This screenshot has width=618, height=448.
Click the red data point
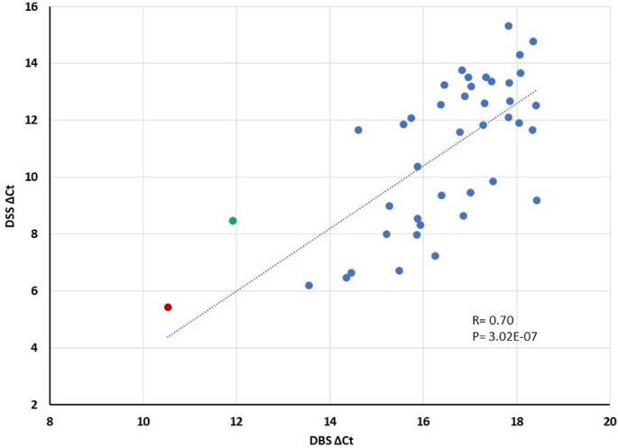pyautogui.click(x=168, y=307)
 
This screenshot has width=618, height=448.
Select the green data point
pyautogui.click(x=233, y=221)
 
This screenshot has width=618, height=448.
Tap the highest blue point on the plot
pyautogui.click(x=509, y=26)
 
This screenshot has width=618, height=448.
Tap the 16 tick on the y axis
pyautogui.click(x=31, y=7)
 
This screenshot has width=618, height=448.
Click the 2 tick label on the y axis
pyautogui.click(x=34, y=405)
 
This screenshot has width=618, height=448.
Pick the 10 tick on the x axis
pyautogui.click(x=143, y=420)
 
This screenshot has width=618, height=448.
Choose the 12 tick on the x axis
pyautogui.click(x=236, y=420)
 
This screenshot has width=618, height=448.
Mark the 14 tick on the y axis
pyautogui.click(x=31, y=64)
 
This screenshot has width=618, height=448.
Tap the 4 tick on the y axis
pyautogui.click(x=34, y=348)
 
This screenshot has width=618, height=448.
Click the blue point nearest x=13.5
pyautogui.click(x=309, y=286)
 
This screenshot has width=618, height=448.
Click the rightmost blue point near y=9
pyautogui.click(x=537, y=200)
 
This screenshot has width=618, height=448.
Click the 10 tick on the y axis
pyautogui.click(x=31, y=178)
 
